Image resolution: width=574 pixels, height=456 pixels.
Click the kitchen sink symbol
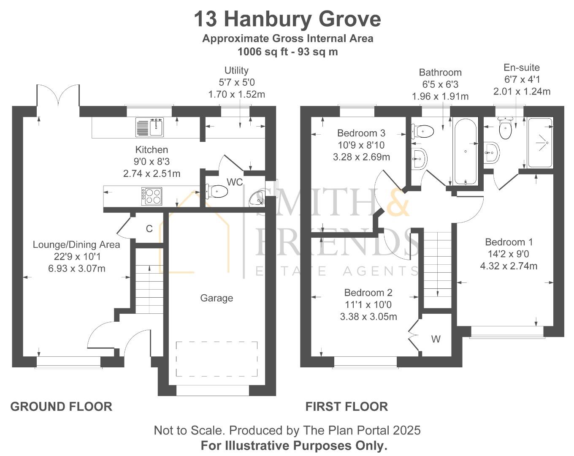(x=150, y=127)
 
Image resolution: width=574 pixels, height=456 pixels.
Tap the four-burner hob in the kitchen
(x=152, y=196)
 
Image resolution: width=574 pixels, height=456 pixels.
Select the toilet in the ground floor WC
(x=217, y=191)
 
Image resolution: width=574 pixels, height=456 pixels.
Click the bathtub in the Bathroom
(x=466, y=151)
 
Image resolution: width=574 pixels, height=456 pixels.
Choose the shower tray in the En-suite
(x=540, y=143)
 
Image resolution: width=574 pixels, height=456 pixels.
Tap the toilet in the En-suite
(x=505, y=129)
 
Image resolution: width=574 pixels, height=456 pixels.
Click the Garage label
(x=217, y=298)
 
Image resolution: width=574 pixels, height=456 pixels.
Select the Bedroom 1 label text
(x=509, y=242)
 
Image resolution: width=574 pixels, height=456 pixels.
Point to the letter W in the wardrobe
(x=436, y=339)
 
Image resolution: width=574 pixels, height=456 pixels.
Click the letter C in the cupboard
(x=149, y=229)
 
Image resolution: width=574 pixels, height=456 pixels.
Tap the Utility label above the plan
(x=236, y=71)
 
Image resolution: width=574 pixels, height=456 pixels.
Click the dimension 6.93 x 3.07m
(x=77, y=269)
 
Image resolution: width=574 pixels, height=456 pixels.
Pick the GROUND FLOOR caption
(x=61, y=407)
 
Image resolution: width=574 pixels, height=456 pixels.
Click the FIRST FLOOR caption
(x=347, y=407)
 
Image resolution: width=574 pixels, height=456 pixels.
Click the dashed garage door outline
(x=217, y=359)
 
